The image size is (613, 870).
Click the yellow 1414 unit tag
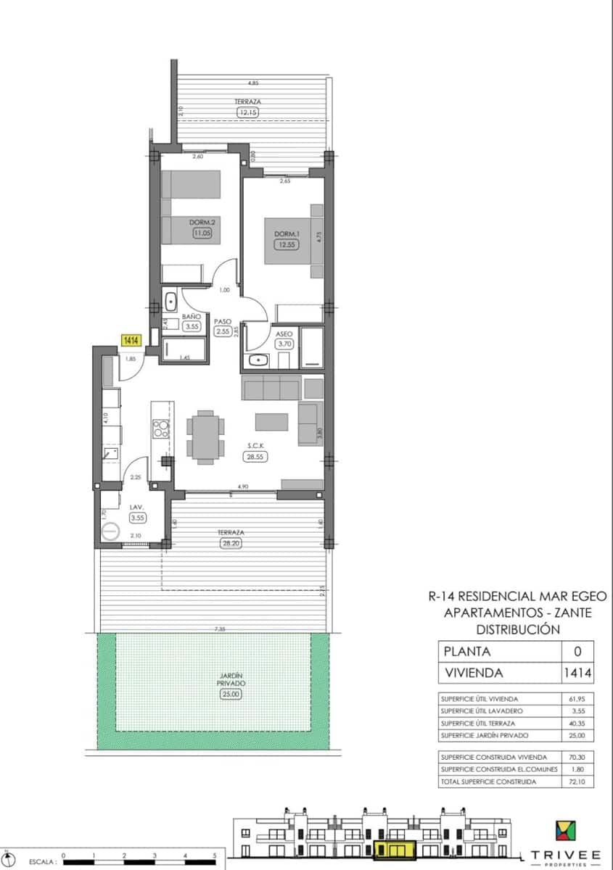[x=131, y=340]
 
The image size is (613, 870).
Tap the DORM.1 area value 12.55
[x=286, y=244]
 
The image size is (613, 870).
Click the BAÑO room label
[x=192, y=317]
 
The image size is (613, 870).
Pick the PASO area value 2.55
[x=223, y=331]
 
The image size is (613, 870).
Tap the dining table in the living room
[x=205, y=435]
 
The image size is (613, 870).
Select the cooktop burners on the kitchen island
[x=160, y=429]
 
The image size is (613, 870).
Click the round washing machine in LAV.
[x=110, y=531]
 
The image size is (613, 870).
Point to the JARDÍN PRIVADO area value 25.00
[x=230, y=694]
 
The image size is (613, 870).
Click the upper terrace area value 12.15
[x=247, y=112]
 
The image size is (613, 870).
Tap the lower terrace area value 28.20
[x=230, y=542]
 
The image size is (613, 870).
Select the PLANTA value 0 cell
[x=577, y=651]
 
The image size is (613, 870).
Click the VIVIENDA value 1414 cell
[x=577, y=673]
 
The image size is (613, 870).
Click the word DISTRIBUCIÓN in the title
[x=517, y=629]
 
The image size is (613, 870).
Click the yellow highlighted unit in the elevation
[x=395, y=848]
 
